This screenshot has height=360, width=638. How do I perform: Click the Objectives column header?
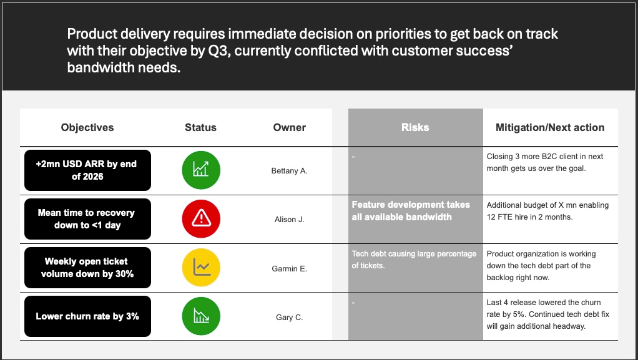click(x=87, y=127)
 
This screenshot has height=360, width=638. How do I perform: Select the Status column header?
click(x=200, y=127)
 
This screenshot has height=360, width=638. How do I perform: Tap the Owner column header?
click(x=289, y=127)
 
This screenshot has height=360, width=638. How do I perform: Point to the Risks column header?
click(x=415, y=127)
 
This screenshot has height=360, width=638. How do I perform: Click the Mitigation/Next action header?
click(x=550, y=127)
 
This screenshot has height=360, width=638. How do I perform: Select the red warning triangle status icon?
click(x=201, y=219)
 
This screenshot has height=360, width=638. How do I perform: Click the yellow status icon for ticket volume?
click(x=201, y=268)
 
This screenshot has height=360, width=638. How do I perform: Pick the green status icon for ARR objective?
click(x=201, y=170)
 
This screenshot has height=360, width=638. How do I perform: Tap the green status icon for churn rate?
click(x=201, y=316)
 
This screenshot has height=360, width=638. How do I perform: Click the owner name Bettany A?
click(x=289, y=171)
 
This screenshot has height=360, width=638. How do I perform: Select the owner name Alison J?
click(x=289, y=219)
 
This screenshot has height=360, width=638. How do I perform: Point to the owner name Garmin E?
click(x=289, y=268)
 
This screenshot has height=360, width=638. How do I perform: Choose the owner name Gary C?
click(x=289, y=318)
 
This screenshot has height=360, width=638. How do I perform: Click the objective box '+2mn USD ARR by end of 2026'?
click(x=87, y=170)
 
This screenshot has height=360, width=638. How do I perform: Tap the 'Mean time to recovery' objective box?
click(x=87, y=219)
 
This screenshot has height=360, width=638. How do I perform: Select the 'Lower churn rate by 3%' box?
click(x=87, y=316)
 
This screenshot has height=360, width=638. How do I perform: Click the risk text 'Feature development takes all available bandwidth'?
click(x=411, y=211)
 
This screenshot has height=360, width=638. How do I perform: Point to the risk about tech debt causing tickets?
click(x=414, y=260)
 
